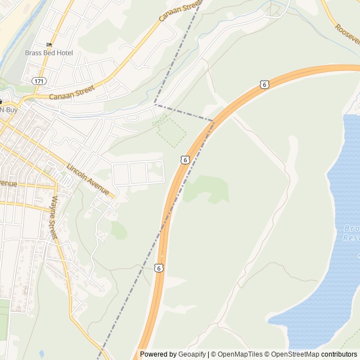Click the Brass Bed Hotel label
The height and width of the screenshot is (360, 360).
tap(49, 53)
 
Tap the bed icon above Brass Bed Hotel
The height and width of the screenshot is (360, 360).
tap(49, 44)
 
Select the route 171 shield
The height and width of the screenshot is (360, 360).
tap(38, 82)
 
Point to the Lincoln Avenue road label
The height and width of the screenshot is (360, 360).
tap(88, 179)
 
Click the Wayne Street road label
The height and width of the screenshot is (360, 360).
tap(54, 217)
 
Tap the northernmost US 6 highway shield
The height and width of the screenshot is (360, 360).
tap(264, 84)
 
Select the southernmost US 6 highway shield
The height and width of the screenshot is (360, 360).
tap(159, 268)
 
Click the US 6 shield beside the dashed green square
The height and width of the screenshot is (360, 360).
tap(184, 160)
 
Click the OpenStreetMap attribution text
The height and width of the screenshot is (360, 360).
tap(294, 354)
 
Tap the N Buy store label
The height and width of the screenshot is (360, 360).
tap(8, 109)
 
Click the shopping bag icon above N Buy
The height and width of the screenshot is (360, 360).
tap(2, 101)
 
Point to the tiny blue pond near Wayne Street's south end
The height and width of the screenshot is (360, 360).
tap(41, 354)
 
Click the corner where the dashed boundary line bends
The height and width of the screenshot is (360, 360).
tap(156, 104)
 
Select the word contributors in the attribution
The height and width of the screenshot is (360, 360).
tap(339, 354)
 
